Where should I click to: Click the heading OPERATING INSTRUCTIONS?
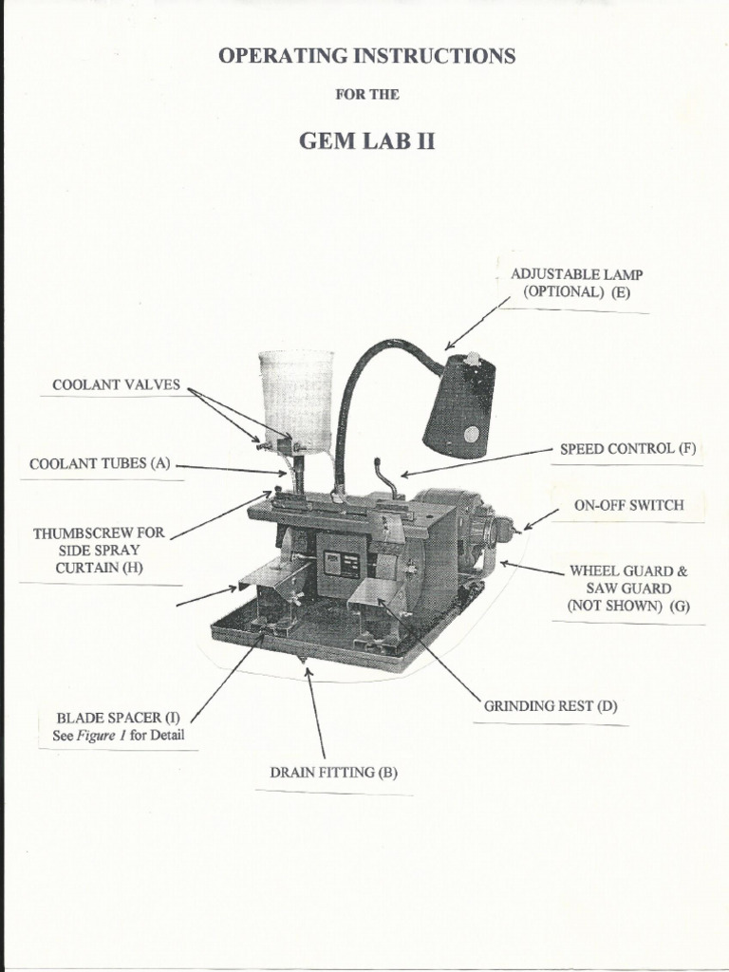click(367, 57)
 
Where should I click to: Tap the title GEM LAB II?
click(367, 141)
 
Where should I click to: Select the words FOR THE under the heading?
click(367, 94)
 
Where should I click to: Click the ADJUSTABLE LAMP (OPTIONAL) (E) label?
click(577, 284)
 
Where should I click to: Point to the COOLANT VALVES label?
click(116, 385)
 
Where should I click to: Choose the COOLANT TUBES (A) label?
click(100, 464)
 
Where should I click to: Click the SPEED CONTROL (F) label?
click(627, 448)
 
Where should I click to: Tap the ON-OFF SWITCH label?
click(628, 505)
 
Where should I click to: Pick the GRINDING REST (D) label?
click(551, 706)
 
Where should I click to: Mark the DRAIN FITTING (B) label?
click(333, 772)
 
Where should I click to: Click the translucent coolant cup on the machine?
click(296, 394)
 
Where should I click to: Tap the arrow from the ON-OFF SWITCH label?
click(541, 518)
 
